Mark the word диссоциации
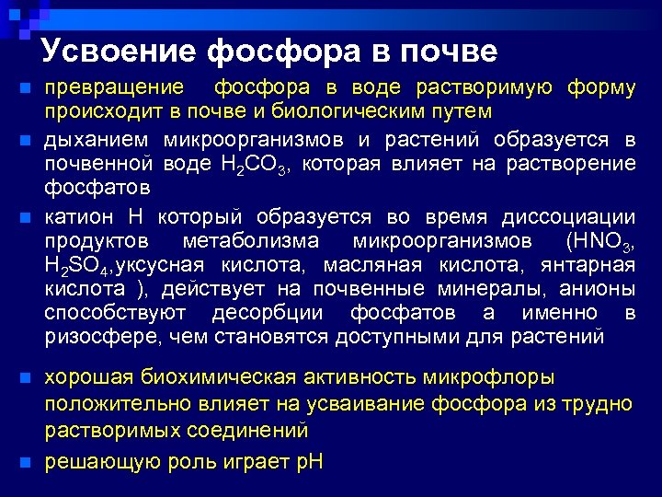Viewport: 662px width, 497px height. coord(568,217)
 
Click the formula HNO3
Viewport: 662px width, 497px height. coord(598,242)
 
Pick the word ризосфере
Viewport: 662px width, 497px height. coord(103,337)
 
